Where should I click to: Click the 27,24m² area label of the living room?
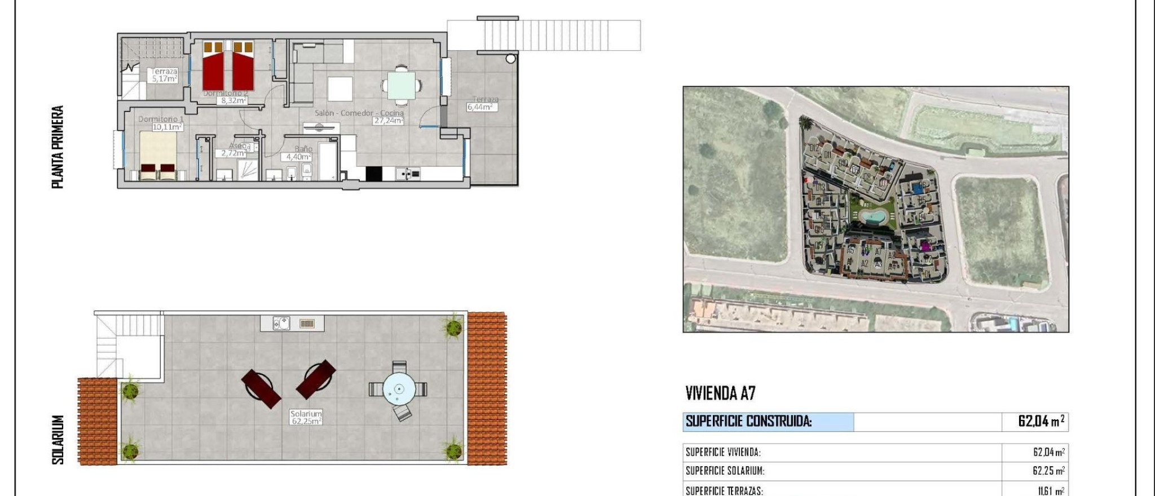[389, 121]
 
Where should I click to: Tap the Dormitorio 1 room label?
[161, 119]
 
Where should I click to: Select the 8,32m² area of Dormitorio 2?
[233, 101]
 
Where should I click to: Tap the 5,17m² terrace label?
[164, 79]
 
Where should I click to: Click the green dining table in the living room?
[401, 86]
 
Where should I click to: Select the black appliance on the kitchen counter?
[373, 174]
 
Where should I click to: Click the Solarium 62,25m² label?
[306, 418]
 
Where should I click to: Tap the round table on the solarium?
[399, 389]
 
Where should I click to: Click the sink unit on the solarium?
[281, 324]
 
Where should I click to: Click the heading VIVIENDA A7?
[720, 393]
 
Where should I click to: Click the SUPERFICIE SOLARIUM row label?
[725, 471]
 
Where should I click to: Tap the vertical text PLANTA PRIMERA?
[58, 147]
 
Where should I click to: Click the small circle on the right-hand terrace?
[510, 59]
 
